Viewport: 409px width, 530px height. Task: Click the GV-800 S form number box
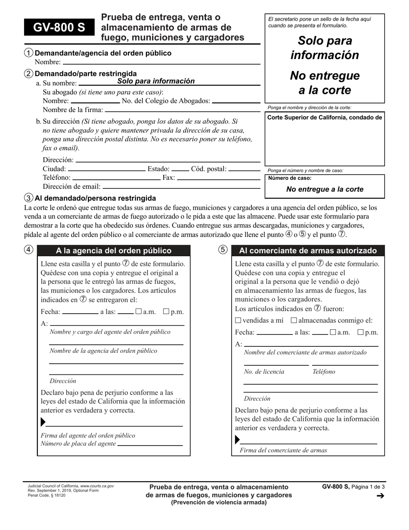59,28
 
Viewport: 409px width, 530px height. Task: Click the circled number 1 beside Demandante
28,53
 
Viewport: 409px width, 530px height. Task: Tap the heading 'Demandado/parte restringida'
86,74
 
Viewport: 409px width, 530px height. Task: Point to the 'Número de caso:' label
290,178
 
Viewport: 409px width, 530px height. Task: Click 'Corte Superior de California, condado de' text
324,118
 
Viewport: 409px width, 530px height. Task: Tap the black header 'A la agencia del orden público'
114,251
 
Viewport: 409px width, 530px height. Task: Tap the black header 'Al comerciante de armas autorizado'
308,251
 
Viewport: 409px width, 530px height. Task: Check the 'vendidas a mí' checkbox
238,320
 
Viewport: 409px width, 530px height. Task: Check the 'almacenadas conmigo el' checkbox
294,320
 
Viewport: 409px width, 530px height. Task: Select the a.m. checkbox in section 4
139,312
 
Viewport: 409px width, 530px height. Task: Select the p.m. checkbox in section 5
361,332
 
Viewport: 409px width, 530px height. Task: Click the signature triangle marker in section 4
43,422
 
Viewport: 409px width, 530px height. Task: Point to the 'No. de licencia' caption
264,371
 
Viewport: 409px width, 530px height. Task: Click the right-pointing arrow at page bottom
380,496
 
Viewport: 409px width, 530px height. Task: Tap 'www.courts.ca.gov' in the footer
97,486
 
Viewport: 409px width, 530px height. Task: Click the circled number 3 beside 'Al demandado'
28,198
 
